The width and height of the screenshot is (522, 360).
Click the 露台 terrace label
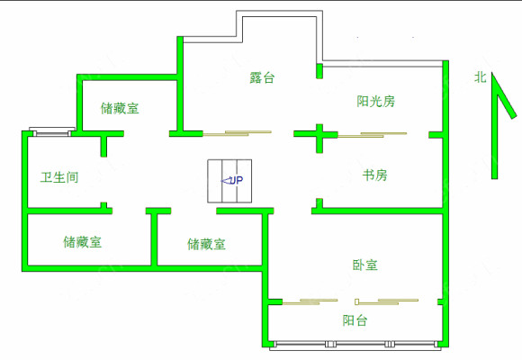(262, 77)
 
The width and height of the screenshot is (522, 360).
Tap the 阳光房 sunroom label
(376, 101)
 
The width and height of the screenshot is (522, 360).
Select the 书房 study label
(375, 175)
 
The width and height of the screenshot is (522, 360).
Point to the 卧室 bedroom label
(364, 265)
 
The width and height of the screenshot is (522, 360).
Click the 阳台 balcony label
(355, 320)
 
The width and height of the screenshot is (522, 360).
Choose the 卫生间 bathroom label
(59, 177)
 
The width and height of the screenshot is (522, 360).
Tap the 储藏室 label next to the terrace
(120, 109)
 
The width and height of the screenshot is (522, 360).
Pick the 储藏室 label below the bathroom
(83, 242)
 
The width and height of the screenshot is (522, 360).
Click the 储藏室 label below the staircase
(206, 245)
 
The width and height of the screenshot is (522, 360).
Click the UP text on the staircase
(237, 181)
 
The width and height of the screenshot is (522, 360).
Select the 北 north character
(481, 78)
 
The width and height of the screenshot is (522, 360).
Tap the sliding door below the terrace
(237, 133)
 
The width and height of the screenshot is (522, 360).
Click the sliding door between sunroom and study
(373, 134)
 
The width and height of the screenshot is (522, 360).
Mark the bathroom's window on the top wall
(52, 132)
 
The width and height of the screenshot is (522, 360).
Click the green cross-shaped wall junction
(319, 135)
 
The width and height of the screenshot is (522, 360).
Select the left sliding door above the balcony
(310, 301)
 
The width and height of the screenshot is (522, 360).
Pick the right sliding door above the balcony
(386, 301)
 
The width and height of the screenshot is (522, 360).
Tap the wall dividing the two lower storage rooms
(154, 237)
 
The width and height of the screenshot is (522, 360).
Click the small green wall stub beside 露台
(319, 70)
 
